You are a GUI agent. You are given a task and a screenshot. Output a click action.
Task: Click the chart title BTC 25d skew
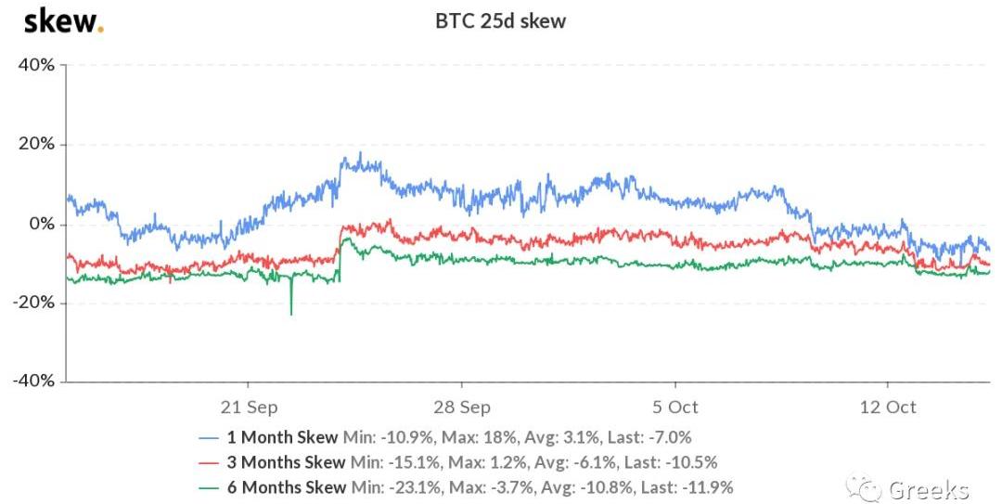(500, 20)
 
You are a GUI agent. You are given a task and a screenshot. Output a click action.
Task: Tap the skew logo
(62, 20)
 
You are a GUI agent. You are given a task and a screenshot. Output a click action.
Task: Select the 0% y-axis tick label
(41, 225)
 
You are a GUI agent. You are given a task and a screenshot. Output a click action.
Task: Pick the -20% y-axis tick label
(33, 304)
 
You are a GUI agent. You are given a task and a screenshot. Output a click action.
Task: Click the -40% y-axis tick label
(33, 381)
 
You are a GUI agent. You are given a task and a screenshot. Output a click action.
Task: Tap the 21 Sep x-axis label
(249, 407)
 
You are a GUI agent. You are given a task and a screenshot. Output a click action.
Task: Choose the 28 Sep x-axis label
(462, 407)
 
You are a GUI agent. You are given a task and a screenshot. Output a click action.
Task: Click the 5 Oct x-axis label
(675, 407)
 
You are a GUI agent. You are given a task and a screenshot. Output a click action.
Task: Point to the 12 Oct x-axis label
(888, 407)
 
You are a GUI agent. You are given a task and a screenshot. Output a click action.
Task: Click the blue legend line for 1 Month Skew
(211, 437)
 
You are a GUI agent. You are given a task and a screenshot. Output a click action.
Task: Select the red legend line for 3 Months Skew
(211, 462)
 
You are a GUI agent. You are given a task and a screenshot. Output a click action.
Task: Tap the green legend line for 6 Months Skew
(211, 487)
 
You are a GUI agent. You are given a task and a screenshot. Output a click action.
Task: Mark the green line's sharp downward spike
(291, 312)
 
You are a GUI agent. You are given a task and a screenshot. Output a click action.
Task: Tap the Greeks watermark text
(929, 489)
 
